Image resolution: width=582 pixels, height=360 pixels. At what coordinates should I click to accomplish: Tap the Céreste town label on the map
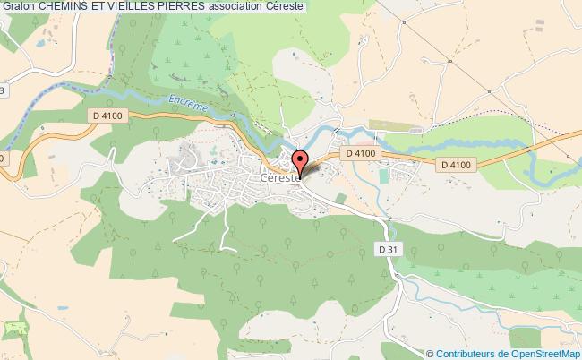pos(279,177)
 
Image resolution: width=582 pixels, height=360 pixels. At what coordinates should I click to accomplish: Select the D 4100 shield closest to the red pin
pos(363,155)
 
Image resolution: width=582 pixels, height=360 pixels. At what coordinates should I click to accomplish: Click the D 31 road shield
pos(386,248)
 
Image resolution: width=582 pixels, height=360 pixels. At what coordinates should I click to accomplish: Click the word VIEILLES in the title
pos(151,6)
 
